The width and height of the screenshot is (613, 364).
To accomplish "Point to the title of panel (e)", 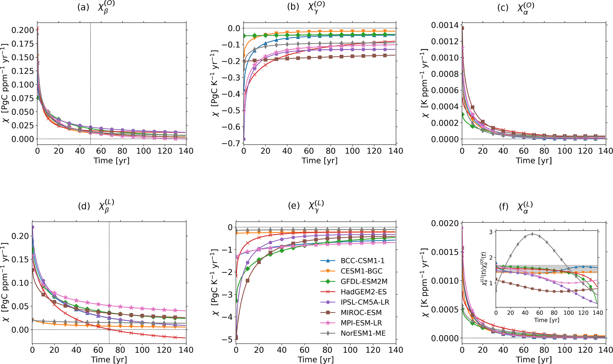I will [306, 205].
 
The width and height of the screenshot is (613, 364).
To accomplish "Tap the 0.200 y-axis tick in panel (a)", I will [23, 30].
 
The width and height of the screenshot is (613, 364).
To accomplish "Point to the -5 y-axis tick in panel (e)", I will [229, 339].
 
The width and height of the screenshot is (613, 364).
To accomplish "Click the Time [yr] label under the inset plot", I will [547, 320].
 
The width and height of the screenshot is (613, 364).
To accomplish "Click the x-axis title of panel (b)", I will [319, 161].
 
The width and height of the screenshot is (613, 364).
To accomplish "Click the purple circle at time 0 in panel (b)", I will [244, 139].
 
